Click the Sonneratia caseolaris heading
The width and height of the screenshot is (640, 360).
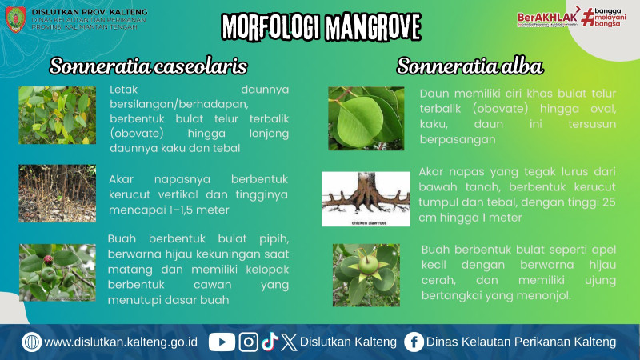(x=148, y=66)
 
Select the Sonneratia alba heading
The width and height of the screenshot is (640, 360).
(x=470, y=66)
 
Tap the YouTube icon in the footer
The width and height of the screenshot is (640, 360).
(x=222, y=342)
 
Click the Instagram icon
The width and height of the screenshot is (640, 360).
(x=249, y=342)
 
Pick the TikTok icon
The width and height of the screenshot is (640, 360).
(x=270, y=342)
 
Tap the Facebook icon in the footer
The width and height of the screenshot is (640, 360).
(x=414, y=342)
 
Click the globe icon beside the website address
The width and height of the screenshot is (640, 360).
(x=32, y=342)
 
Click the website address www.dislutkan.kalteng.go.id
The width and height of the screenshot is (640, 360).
(x=121, y=342)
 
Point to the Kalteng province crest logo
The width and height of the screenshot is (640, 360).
(x=15, y=18)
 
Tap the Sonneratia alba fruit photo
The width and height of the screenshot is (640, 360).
(x=366, y=274)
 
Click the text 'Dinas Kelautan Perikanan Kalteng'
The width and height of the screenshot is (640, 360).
(x=522, y=342)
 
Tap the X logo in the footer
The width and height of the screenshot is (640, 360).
(x=289, y=342)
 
